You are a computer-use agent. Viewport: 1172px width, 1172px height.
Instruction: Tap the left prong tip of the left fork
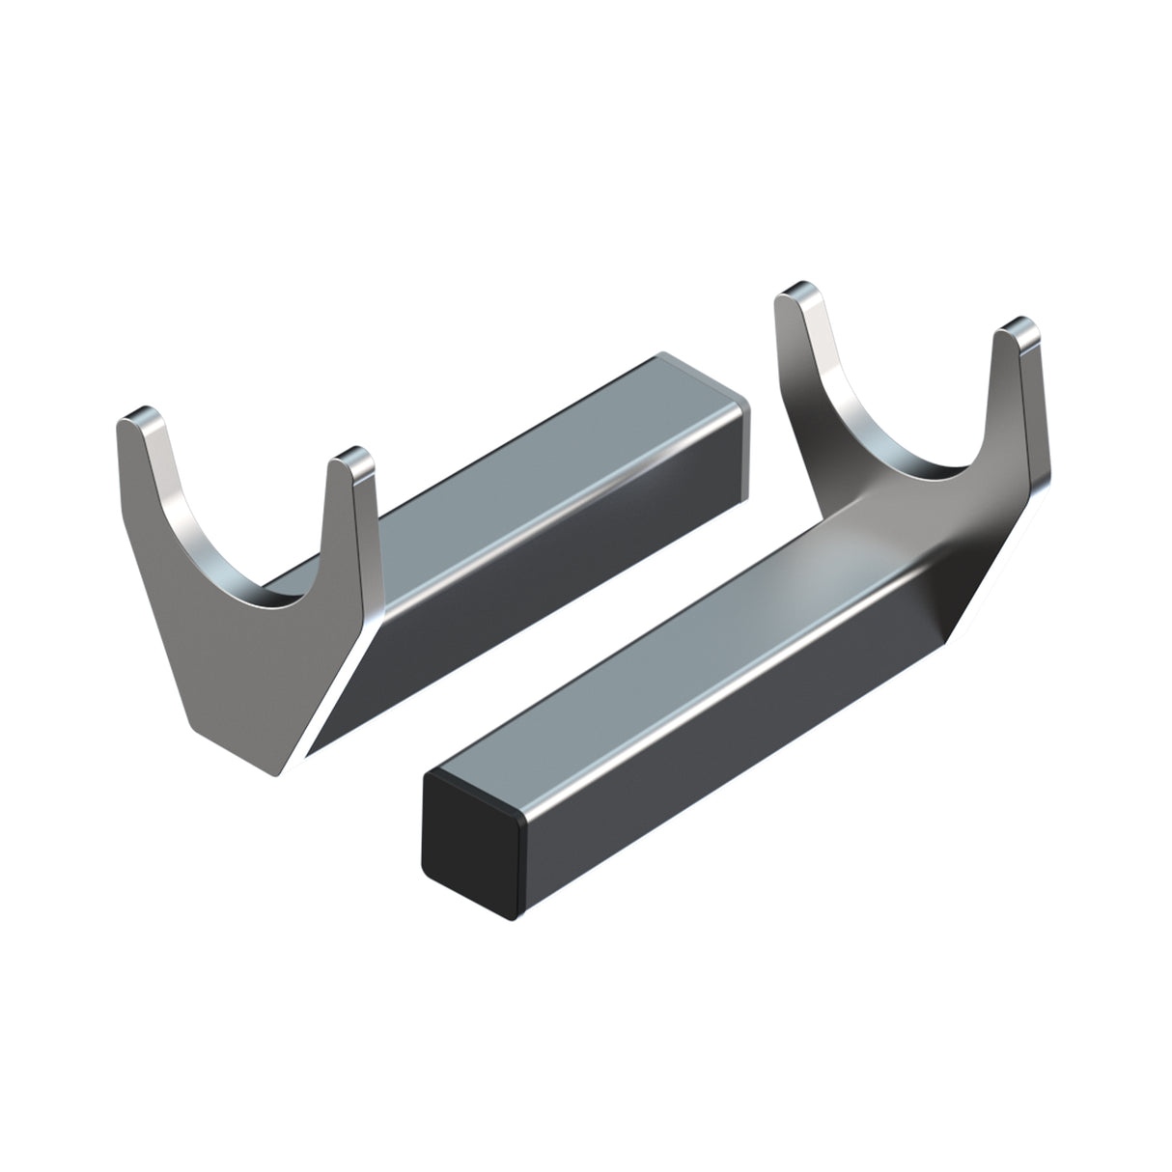tap(138, 418)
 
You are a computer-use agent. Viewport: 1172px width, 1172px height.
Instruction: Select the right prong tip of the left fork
tap(349, 459)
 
